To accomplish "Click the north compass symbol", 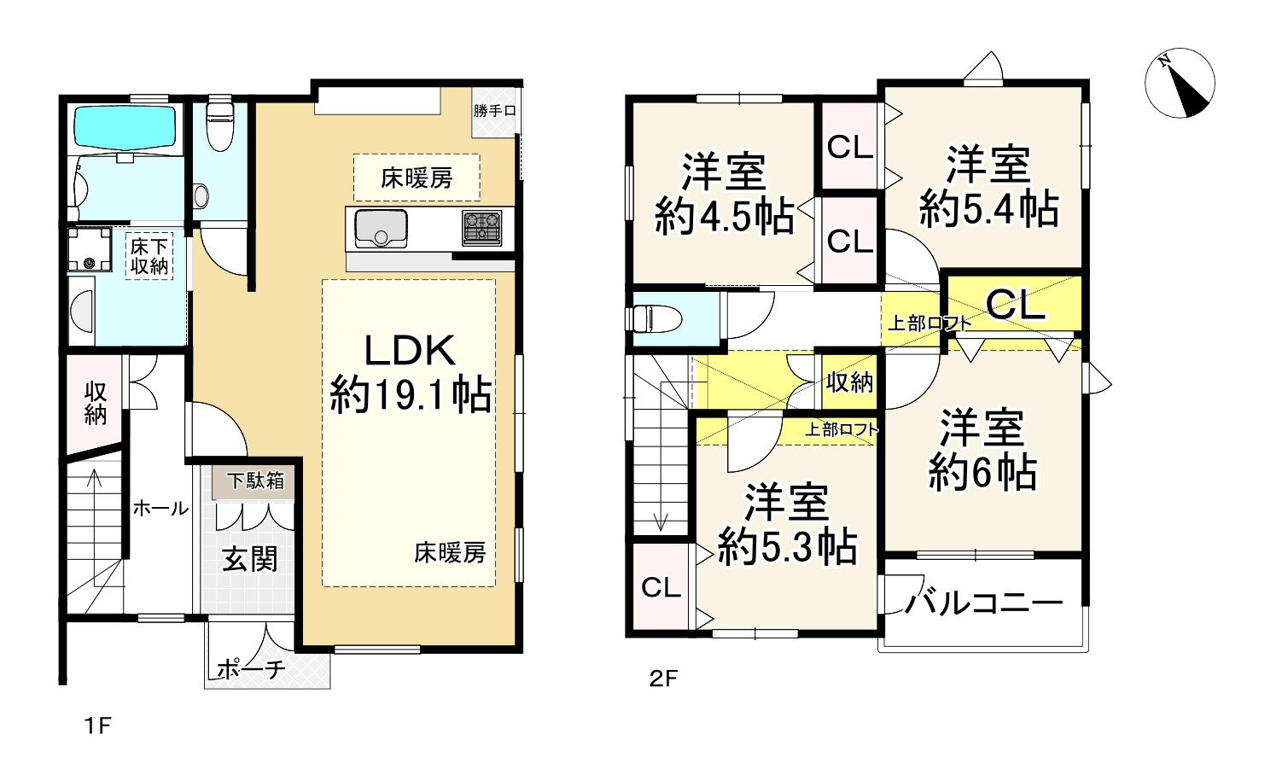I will coord(1180,83).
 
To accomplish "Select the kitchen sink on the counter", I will coord(381,229).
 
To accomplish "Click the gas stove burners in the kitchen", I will coord(482,228).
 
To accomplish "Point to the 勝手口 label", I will coord(495,111).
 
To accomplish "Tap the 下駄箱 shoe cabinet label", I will coord(255,481).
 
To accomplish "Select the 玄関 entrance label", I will coord(250,559).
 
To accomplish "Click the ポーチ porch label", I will coord(250,669).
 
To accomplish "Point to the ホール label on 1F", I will coord(160,509).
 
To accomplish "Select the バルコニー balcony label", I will coord(983,603).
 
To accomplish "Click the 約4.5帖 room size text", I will coord(724,218).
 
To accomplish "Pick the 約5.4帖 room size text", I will coord(988,209).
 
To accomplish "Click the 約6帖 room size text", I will coord(982,472).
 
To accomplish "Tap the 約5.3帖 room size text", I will coord(787,546).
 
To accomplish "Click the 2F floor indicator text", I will coord(663,679).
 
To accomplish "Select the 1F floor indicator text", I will coord(97,726).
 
